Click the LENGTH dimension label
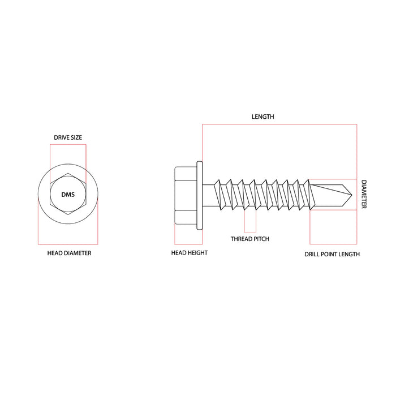(x=262, y=117)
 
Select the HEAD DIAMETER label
(x=69, y=253)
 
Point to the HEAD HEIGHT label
(x=189, y=253)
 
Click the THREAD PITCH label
(x=249, y=239)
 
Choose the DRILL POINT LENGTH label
(x=332, y=254)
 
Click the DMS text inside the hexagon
(x=68, y=195)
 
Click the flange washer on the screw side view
(x=199, y=195)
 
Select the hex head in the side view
(x=185, y=195)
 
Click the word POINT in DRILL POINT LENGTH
(x=332, y=254)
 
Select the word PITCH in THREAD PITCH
(x=261, y=239)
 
